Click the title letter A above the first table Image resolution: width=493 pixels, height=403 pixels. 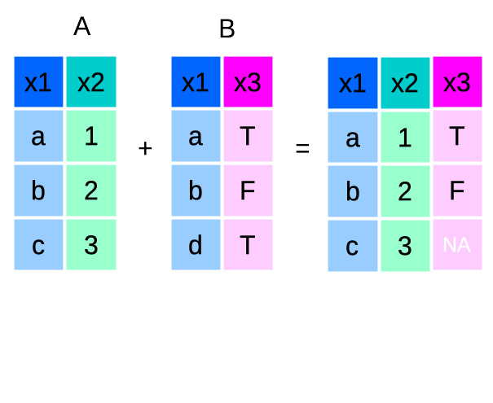[x=81, y=27]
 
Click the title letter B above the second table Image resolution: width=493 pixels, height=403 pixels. [x=227, y=30]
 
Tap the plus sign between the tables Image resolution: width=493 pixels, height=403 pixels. [x=146, y=148]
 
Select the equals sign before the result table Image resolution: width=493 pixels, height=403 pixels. [x=302, y=149]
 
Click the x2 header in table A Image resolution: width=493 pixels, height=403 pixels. [x=91, y=82]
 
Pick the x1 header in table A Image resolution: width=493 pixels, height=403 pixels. [x=38, y=82]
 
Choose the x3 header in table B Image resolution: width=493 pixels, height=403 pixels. [x=248, y=82]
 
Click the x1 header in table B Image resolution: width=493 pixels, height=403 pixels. [x=196, y=82]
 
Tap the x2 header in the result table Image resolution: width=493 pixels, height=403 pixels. [x=405, y=83]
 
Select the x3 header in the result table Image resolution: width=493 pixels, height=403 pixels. [x=457, y=83]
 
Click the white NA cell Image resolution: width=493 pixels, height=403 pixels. [x=457, y=244]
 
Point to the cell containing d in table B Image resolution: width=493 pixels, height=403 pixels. [x=196, y=244]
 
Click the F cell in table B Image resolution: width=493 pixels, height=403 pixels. [x=248, y=191]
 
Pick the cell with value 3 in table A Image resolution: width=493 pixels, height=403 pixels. [x=91, y=244]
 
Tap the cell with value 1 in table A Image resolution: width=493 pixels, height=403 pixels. [x=91, y=136]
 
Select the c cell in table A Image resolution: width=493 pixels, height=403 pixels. [x=38, y=244]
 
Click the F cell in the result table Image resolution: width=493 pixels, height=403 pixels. [x=457, y=191]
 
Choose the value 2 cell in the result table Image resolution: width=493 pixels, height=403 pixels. [x=405, y=191]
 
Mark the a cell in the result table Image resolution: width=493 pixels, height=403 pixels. [x=353, y=138]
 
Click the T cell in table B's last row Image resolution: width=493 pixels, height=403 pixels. [x=248, y=244]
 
